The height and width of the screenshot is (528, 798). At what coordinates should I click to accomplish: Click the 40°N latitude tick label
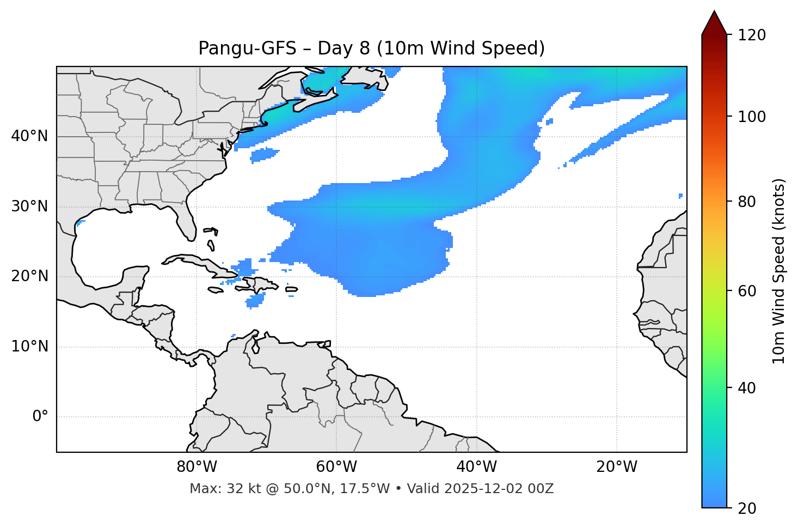coord(29,136)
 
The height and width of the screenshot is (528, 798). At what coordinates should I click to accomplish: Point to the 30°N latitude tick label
coord(29,207)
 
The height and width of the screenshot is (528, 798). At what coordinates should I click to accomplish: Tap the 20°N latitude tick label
coord(29,276)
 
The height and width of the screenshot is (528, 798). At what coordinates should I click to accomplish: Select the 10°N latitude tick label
coord(29,347)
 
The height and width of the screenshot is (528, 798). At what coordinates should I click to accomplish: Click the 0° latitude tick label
coord(40,417)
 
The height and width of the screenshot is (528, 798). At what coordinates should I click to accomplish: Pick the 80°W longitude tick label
coord(197,467)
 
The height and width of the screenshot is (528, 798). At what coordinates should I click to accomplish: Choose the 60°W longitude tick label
coord(336,467)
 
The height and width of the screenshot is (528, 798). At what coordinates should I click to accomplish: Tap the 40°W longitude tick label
coord(476,467)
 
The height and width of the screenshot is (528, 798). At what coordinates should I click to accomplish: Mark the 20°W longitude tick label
coord(617,467)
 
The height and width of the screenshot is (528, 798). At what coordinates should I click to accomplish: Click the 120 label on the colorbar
coord(752,35)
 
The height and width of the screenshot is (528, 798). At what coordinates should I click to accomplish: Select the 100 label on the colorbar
coord(752,117)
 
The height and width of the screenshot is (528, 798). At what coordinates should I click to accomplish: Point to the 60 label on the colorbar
coord(747,291)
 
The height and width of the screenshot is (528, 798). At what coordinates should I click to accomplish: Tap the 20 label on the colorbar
coord(747,508)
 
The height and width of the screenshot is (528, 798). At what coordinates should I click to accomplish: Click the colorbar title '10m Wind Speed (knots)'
coord(779,271)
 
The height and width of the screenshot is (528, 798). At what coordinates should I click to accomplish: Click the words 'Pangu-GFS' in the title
coord(247,48)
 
